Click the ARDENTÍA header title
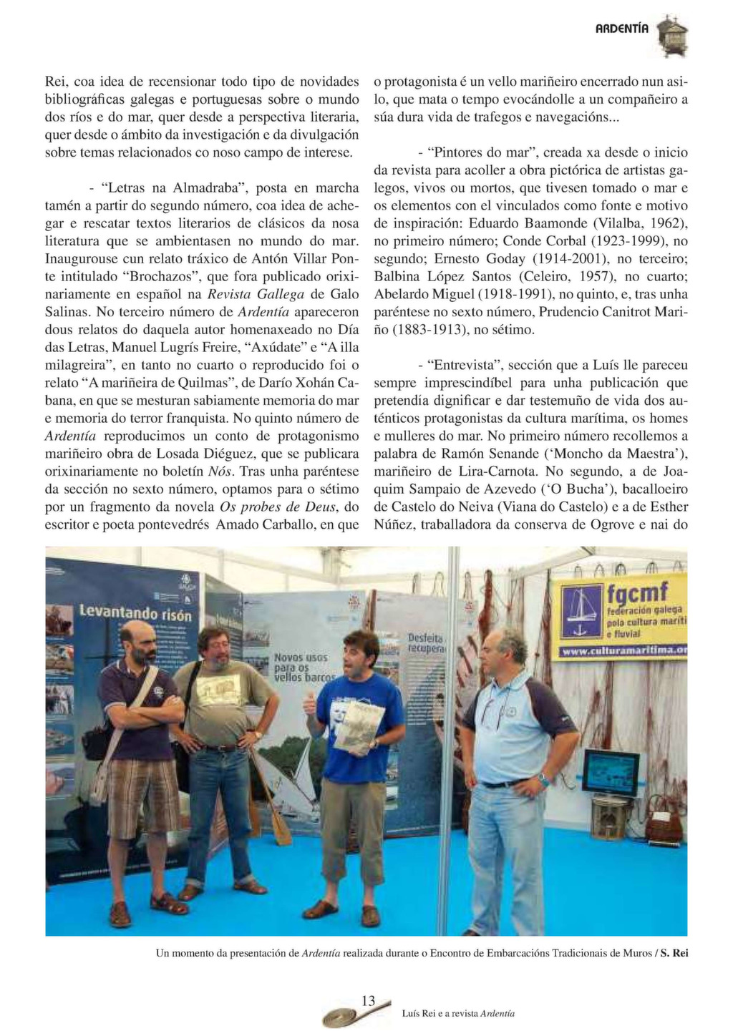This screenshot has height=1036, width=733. coord(622,29)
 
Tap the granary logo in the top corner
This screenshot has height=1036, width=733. coord(673,36)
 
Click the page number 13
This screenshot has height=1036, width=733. coord(369,1001)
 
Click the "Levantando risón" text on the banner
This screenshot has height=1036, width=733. coord(136,614)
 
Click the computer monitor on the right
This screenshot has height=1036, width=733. coord(611,773)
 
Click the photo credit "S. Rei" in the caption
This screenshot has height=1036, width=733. coord(674,953)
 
